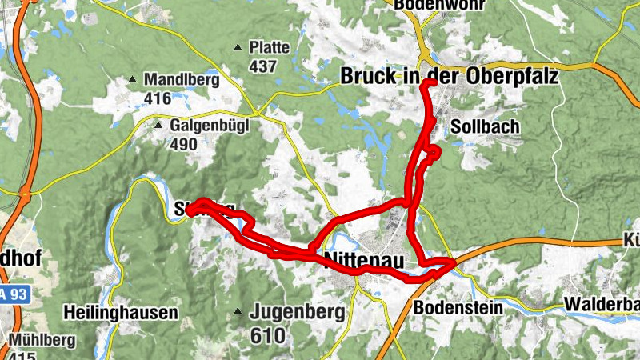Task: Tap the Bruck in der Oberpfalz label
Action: [x=449, y=78]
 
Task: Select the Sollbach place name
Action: [x=485, y=127]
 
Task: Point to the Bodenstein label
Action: [x=458, y=307]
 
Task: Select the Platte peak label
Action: [x=269, y=47]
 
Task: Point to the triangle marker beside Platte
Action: [x=238, y=48]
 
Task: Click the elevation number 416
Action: [x=158, y=99]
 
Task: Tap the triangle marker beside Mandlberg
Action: [x=132, y=80]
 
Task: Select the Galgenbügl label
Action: [x=210, y=126]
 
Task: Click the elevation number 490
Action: [x=184, y=145]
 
